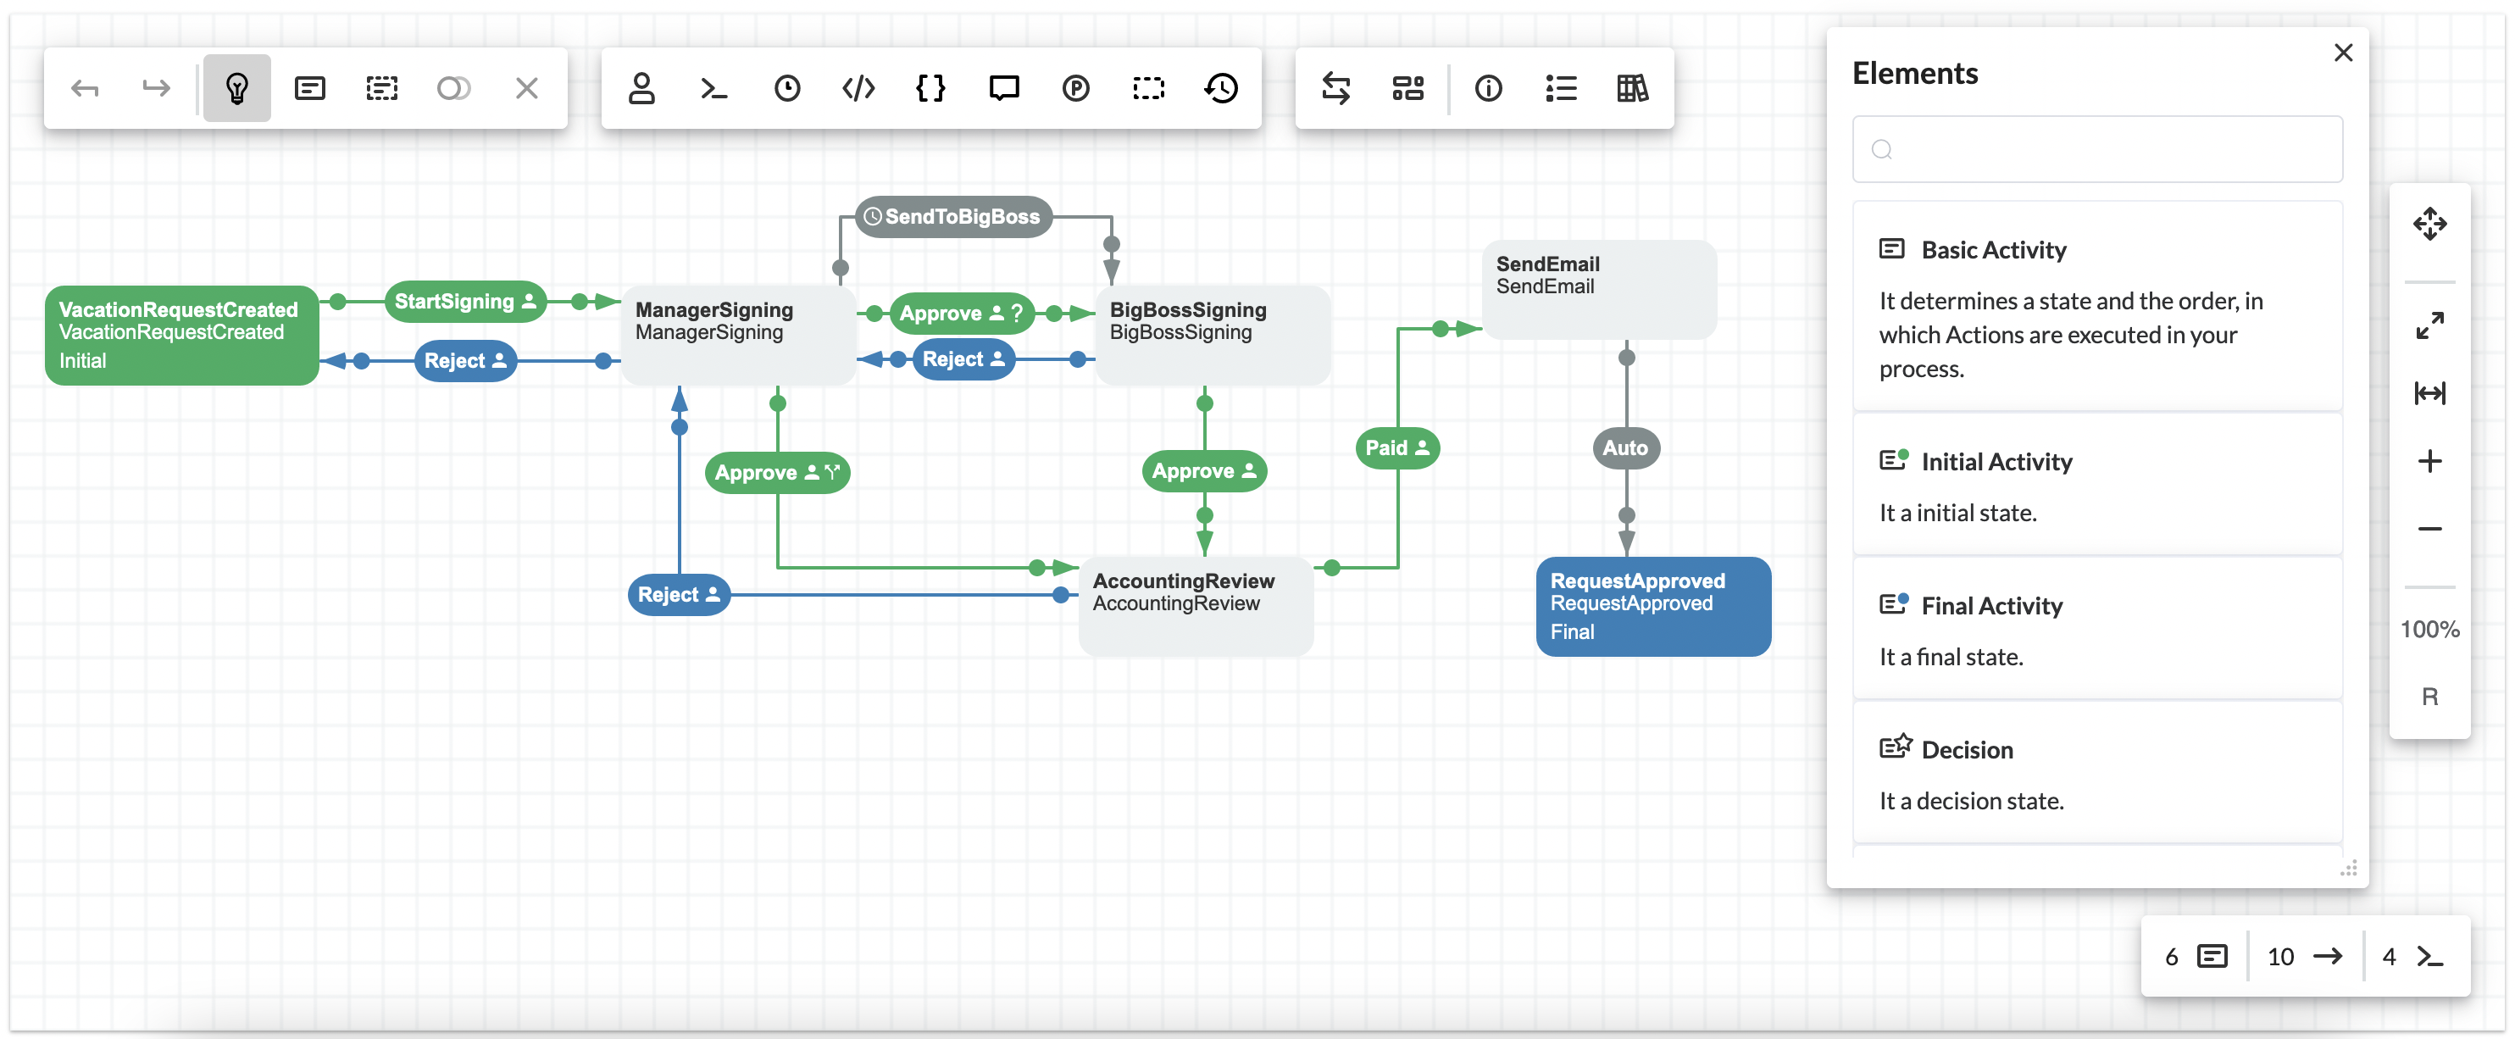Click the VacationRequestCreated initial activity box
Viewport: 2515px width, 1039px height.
coord(181,335)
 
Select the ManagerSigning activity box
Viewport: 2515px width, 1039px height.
coord(738,335)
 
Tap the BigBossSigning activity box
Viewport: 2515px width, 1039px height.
coord(1212,335)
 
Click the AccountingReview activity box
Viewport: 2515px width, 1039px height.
coord(1195,605)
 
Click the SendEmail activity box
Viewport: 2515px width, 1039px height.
coord(1598,289)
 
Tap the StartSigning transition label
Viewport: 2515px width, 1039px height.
coord(464,302)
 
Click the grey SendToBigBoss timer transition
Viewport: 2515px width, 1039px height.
coord(954,217)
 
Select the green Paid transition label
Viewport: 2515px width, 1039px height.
coord(1396,448)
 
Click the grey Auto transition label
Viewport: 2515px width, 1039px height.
coord(1624,448)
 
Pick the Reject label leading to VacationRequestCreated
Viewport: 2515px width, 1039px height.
coord(464,361)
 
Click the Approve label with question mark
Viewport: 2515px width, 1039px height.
coord(961,314)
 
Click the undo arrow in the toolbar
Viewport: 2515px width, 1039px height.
coord(85,89)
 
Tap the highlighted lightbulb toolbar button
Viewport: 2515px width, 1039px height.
coord(236,89)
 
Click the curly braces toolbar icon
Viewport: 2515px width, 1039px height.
coord(930,89)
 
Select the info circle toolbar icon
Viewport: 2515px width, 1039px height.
coord(1488,89)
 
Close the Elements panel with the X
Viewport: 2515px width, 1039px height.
coord(2342,53)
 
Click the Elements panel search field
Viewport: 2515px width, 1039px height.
coord(2097,149)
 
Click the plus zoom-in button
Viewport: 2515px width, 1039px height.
coord(2429,461)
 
